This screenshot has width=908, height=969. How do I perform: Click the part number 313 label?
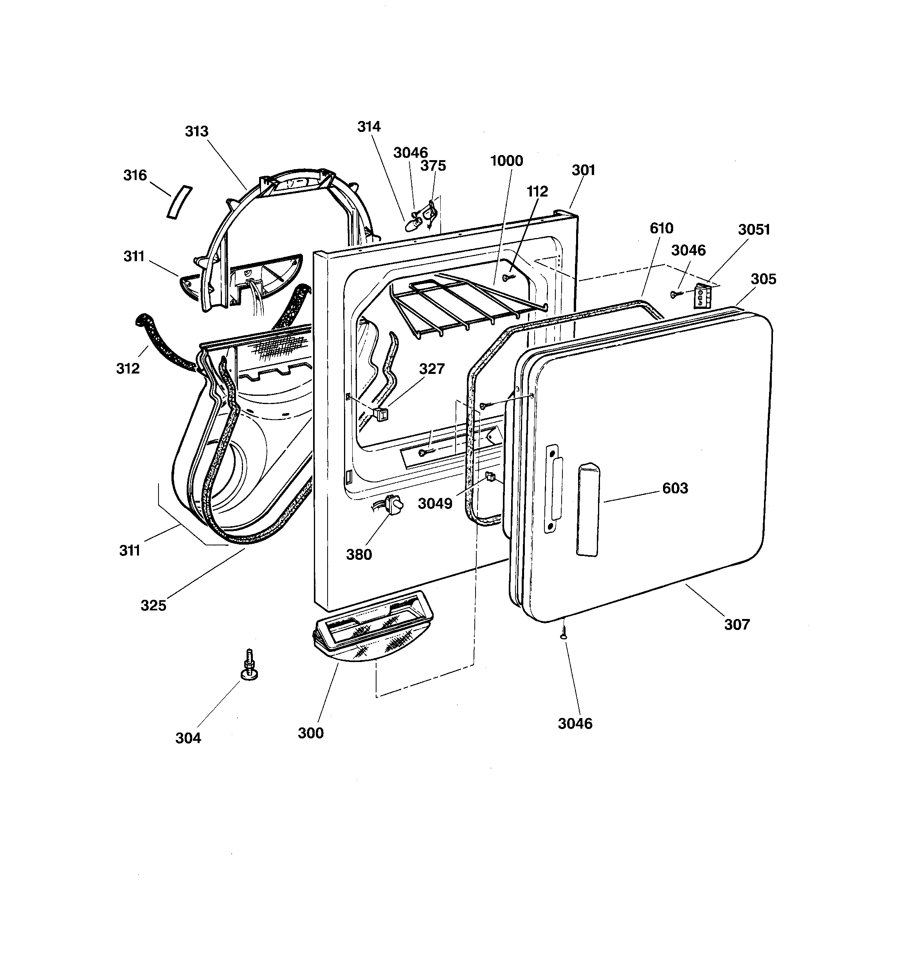196,131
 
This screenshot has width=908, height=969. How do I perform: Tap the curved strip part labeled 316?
178,202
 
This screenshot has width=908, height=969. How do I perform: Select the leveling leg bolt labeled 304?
250,664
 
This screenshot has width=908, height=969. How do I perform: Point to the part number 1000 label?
506,161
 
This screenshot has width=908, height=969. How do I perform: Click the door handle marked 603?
588,510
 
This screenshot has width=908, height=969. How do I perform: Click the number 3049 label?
435,503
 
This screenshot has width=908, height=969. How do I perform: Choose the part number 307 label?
737,624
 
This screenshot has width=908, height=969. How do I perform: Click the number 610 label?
661,228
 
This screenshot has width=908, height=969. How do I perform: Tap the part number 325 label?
153,605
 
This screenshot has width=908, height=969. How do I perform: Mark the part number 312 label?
128,368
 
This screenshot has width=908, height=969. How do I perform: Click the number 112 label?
537,191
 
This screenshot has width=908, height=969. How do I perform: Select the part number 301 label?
584,170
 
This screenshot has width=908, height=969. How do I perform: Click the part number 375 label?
433,166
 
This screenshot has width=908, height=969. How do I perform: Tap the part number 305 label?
763,279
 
